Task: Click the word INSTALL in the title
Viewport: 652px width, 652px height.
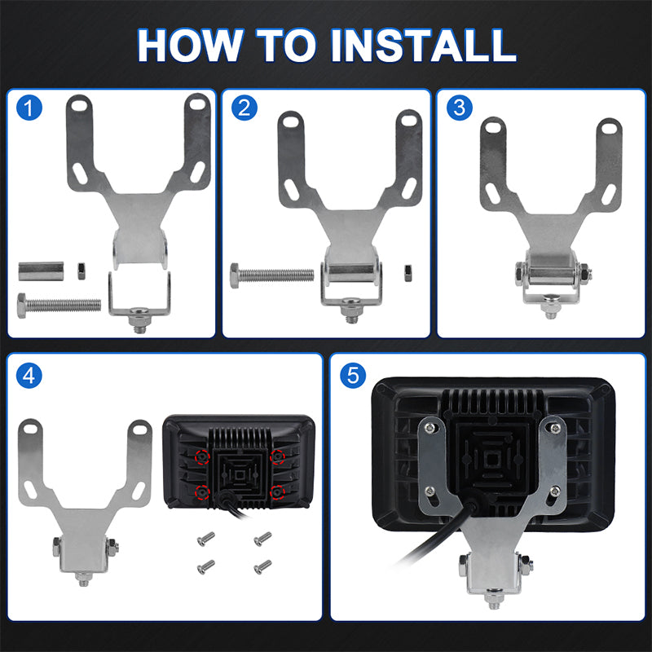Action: click(424, 46)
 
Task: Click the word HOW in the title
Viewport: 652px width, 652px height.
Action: click(190, 46)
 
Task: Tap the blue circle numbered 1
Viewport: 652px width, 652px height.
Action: click(29, 108)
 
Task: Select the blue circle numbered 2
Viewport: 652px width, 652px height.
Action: click(244, 108)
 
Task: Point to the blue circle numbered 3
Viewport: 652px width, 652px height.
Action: click(459, 108)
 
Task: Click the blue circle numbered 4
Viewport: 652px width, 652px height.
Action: click(29, 376)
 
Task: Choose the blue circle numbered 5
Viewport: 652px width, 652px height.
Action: click(353, 376)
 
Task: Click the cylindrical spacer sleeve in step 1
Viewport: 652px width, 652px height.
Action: click(41, 271)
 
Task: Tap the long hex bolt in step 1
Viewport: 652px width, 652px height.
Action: click(59, 306)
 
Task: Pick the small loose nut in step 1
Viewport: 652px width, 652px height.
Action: click(81, 271)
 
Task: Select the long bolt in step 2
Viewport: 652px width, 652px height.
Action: click(272, 275)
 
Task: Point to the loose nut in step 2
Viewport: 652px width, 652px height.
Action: click(408, 273)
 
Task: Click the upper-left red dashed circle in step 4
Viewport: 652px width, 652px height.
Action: click(202, 457)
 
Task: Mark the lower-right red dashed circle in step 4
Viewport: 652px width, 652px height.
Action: click(277, 492)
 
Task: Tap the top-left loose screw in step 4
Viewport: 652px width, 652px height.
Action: click(206, 539)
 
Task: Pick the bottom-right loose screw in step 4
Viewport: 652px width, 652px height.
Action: click(262, 566)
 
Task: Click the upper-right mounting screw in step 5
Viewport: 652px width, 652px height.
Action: click(555, 427)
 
